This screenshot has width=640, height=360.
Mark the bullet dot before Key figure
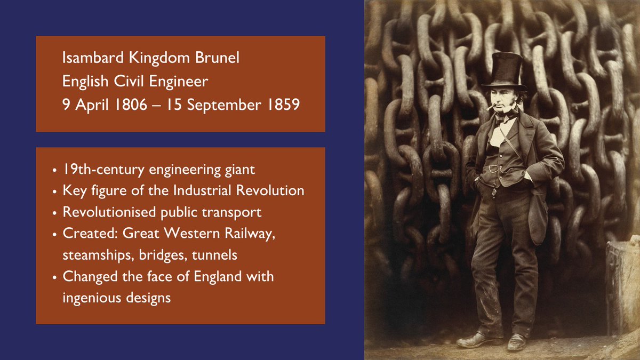[55, 191]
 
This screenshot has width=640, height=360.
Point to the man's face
[503, 101]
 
